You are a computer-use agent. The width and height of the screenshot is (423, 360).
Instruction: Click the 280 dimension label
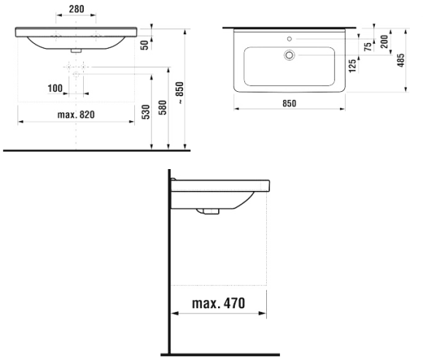(77, 9)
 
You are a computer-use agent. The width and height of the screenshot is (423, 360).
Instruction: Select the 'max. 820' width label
(76, 115)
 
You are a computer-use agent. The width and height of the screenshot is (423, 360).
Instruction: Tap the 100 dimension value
(55, 88)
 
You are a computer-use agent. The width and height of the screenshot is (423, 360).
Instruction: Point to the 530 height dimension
(146, 112)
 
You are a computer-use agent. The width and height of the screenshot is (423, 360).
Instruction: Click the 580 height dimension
(163, 108)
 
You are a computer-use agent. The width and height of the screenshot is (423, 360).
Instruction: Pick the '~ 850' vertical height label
(179, 93)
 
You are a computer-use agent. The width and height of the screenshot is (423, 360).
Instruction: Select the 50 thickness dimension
(145, 45)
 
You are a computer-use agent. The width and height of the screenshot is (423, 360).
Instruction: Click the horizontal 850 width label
(290, 103)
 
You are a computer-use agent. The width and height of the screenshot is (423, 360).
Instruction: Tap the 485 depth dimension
(401, 60)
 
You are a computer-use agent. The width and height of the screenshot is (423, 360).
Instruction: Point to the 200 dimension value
(384, 42)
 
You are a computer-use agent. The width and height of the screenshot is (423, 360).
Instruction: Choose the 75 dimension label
(368, 47)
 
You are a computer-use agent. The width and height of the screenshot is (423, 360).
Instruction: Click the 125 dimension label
(352, 66)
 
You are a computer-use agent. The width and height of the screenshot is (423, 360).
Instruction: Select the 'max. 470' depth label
(219, 303)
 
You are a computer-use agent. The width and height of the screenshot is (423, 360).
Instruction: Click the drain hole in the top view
(290, 55)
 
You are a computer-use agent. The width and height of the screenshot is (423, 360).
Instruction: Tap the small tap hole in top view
(290, 39)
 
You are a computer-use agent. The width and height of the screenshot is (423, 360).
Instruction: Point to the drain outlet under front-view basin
(76, 51)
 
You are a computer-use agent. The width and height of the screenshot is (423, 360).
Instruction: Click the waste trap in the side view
(208, 211)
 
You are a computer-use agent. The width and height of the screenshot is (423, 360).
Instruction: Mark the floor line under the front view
(96, 150)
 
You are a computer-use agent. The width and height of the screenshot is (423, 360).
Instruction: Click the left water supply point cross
(69, 66)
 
